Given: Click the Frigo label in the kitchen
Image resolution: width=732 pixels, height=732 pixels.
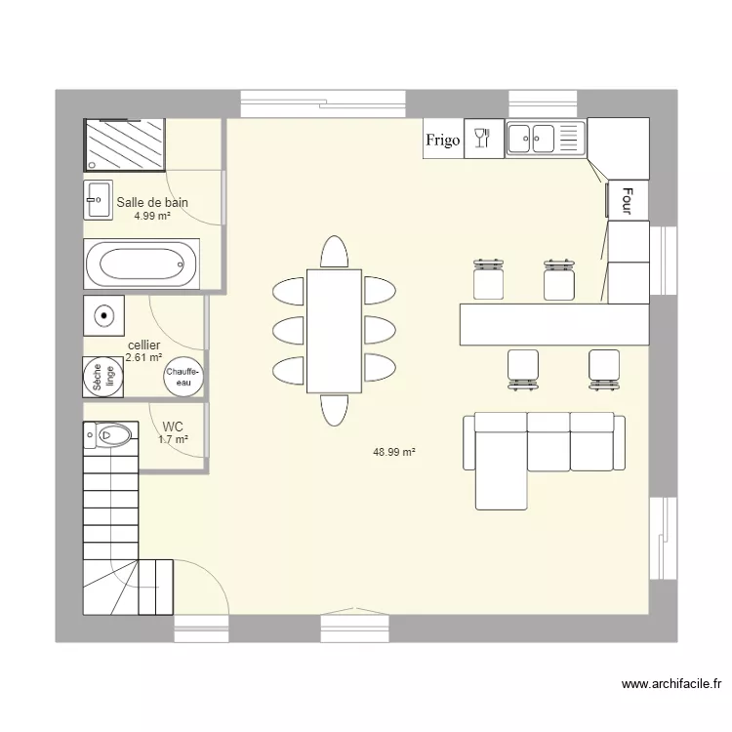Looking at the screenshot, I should point(442,141).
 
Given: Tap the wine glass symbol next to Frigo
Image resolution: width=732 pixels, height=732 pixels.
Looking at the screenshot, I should point(481,139).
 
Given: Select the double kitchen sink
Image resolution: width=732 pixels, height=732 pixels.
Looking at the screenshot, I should point(544,139).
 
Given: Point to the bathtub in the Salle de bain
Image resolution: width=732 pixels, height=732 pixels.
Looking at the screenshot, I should point(141,264).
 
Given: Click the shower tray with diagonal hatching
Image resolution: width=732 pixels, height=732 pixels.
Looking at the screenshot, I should point(125,145).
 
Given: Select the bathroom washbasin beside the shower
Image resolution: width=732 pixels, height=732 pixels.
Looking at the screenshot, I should point(98,200).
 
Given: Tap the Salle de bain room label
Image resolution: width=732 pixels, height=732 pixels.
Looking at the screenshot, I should point(152,203).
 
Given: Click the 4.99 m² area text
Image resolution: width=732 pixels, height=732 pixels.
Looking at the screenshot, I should point(152,216).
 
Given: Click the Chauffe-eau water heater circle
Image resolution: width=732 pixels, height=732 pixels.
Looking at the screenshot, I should point(183,377).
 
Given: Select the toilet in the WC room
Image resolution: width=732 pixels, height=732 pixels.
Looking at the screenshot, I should point(109,433).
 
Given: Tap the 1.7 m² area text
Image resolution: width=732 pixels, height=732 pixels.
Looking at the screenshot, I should point(173,440).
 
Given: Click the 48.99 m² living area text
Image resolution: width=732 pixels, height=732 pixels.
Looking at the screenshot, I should point(394,452).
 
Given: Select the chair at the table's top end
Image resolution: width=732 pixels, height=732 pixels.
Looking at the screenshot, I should point(334,252).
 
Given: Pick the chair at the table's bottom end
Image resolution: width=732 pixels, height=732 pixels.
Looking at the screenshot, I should point(334,411).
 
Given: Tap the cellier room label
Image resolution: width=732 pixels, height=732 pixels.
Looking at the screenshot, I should point(143,346).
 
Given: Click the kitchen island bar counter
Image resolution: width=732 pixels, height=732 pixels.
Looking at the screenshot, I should point(554,324).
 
